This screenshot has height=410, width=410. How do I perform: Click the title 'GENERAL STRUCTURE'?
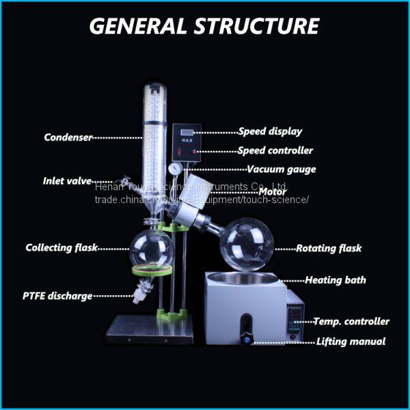pyautogui.click(x=204, y=25)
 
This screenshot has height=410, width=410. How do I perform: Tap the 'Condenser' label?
pyautogui.click(x=68, y=137)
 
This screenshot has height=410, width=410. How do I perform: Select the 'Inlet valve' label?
pyautogui.click(x=67, y=181)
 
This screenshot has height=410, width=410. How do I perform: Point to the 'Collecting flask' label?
pyautogui.click(x=61, y=247)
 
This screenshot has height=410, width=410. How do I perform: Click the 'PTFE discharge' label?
pyautogui.click(x=57, y=296)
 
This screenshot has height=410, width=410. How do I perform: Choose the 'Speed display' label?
pyautogui.click(x=270, y=131)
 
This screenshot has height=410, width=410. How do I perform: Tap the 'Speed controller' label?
pyautogui.click(x=275, y=150)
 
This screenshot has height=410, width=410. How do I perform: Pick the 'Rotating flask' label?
pyautogui.click(x=329, y=248)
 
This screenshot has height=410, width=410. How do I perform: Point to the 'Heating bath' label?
pyautogui.click(x=336, y=279)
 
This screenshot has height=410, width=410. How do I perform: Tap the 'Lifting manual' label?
pyautogui.click(x=351, y=341)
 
